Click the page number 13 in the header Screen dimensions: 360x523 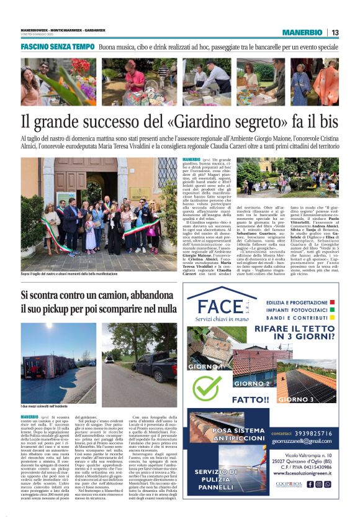pos(335,32)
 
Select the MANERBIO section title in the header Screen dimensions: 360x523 pos(304,32)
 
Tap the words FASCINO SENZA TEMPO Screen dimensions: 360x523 pos(57,47)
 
